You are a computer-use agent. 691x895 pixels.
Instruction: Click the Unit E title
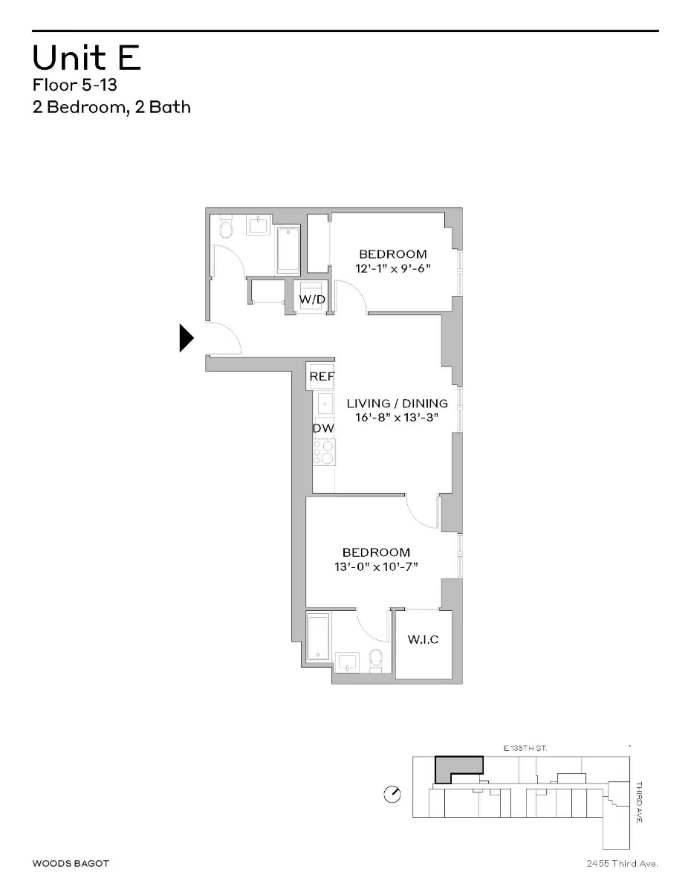pyautogui.click(x=87, y=58)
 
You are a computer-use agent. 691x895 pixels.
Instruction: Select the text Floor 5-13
pyautogui.click(x=74, y=85)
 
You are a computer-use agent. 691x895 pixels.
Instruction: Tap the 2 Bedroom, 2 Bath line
pyautogui.click(x=111, y=107)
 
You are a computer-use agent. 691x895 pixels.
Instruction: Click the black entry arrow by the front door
pyautogui.click(x=186, y=338)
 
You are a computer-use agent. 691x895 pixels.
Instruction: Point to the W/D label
pyautogui.click(x=311, y=299)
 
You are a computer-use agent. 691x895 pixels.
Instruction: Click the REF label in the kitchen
pyautogui.click(x=322, y=377)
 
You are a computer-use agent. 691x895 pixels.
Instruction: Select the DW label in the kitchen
pyautogui.click(x=322, y=428)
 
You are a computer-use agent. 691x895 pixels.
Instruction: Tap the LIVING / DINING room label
pyautogui.click(x=398, y=404)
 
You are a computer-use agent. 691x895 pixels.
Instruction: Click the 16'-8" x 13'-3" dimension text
pyautogui.click(x=398, y=418)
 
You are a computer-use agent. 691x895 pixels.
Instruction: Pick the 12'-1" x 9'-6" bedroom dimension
pyautogui.click(x=393, y=268)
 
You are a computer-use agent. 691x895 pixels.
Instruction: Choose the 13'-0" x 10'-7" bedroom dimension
pyautogui.click(x=376, y=566)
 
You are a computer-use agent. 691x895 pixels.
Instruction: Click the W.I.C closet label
pyautogui.click(x=423, y=639)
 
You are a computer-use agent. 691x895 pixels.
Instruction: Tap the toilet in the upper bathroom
pyautogui.click(x=226, y=227)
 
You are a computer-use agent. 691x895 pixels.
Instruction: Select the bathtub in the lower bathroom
pyautogui.click(x=318, y=637)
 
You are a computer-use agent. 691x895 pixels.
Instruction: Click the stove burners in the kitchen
pyautogui.click(x=324, y=450)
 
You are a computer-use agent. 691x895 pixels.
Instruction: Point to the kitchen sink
pyautogui.click(x=325, y=404)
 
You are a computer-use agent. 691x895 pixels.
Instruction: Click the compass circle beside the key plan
pyautogui.click(x=392, y=795)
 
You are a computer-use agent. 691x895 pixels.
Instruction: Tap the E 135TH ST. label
pyautogui.click(x=525, y=748)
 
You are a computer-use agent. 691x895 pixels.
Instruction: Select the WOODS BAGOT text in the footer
pyautogui.click(x=71, y=863)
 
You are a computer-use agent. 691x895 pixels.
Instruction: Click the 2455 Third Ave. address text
pyautogui.click(x=622, y=863)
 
